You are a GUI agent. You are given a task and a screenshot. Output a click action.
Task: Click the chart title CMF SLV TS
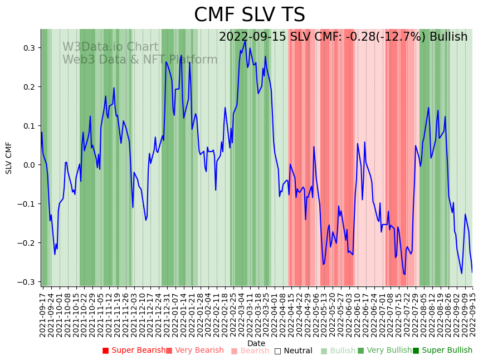coord(249,15)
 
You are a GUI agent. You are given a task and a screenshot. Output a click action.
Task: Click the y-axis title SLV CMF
coord(9,158)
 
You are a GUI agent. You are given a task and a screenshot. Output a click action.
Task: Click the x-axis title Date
coord(256,343)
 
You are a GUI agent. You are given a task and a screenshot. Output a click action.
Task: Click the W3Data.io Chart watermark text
coord(110,47)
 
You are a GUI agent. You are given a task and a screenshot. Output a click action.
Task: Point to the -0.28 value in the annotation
coord(358,37)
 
